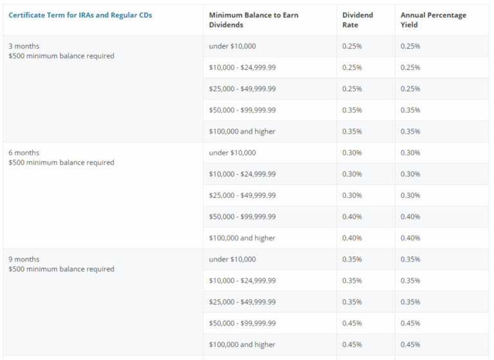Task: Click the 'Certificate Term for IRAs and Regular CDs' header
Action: pyautogui.click(x=80, y=15)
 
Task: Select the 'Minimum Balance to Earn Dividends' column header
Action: pyautogui.click(x=253, y=19)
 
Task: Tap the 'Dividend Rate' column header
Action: pyautogui.click(x=358, y=19)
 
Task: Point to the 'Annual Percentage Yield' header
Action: pyautogui.click(x=433, y=19)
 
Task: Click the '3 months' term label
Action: pyautogui.click(x=24, y=46)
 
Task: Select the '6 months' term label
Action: pyautogui.click(x=24, y=153)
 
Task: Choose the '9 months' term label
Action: pyautogui.click(x=24, y=260)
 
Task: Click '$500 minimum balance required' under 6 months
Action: pyautogui.click(x=61, y=163)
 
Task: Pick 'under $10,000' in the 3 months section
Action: pyautogui.click(x=232, y=46)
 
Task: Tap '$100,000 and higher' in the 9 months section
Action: pyautogui.click(x=242, y=345)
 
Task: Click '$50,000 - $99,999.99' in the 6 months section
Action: pyautogui.click(x=242, y=217)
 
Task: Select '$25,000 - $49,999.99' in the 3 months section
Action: pyautogui.click(x=242, y=89)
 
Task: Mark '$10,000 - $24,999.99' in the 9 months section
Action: pyautogui.click(x=242, y=281)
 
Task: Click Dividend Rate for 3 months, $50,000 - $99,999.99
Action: pyautogui.click(x=352, y=110)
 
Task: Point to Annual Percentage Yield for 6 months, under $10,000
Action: pyautogui.click(x=410, y=153)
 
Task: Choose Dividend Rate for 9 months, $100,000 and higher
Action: pyautogui.click(x=352, y=345)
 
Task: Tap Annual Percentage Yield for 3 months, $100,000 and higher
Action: pyautogui.click(x=410, y=132)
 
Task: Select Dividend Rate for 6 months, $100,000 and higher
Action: pyautogui.click(x=352, y=238)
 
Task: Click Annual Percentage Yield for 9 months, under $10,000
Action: pyautogui.click(x=410, y=260)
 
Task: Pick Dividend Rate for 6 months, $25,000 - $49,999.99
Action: pyautogui.click(x=352, y=195)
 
